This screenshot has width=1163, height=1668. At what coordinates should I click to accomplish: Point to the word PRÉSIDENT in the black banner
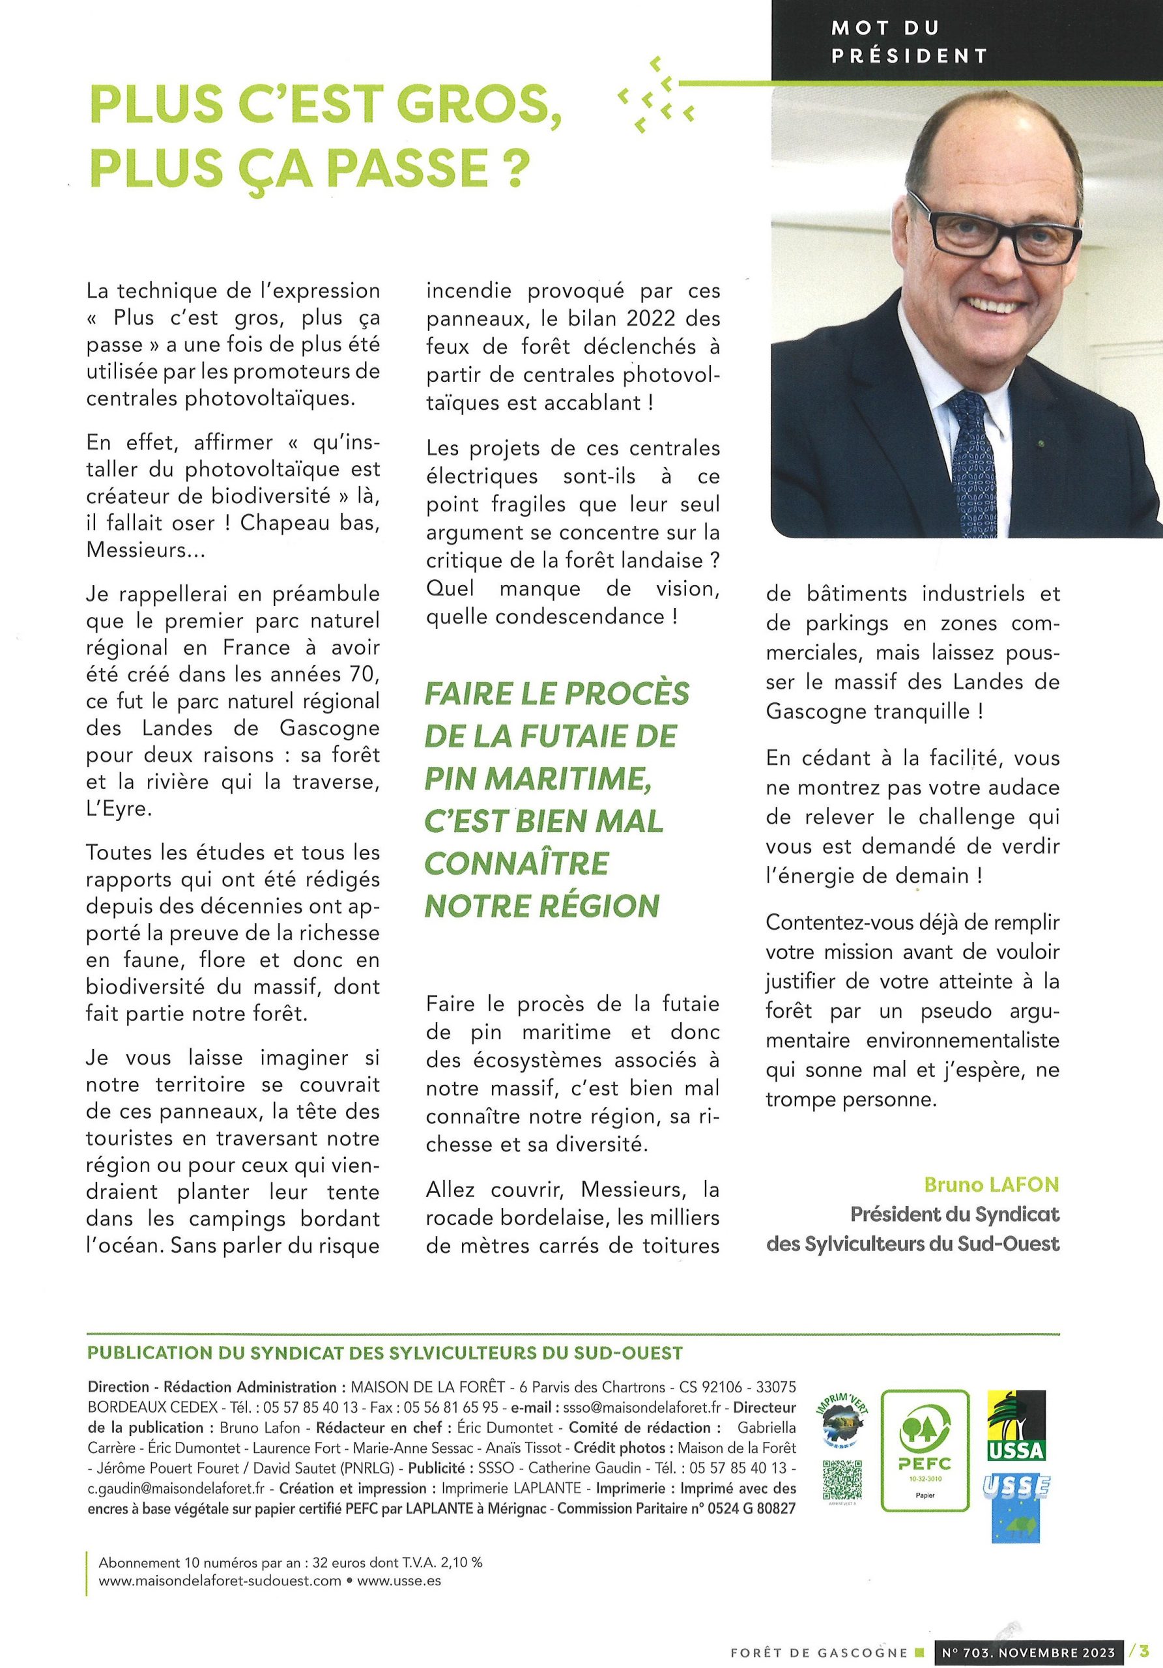pos(909,55)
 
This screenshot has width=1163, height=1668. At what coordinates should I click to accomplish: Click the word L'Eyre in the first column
pos(119,809)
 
